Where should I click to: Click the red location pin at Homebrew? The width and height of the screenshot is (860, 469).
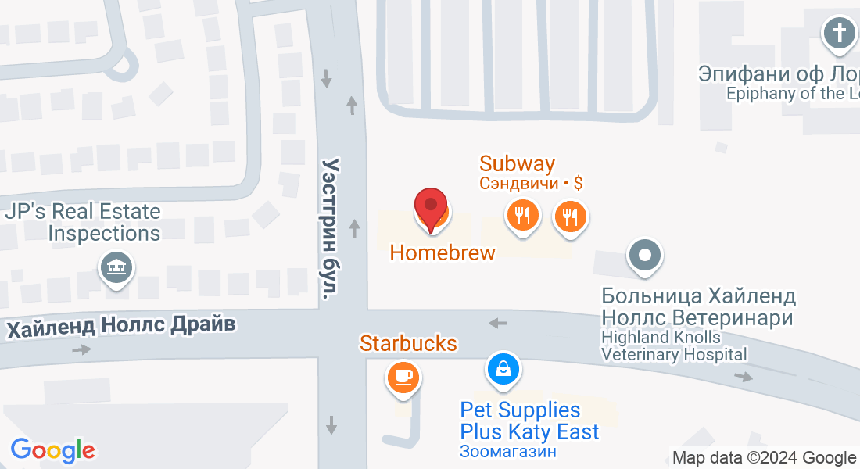[430, 207]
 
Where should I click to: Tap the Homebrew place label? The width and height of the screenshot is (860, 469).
[443, 252]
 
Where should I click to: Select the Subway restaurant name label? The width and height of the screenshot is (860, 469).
[517, 163]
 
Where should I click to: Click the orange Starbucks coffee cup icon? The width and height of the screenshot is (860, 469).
[403, 378]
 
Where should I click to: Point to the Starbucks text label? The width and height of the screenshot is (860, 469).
[408, 343]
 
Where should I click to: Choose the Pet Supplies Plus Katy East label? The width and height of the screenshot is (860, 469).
[529, 421]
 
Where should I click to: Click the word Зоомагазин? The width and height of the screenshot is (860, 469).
[507, 451]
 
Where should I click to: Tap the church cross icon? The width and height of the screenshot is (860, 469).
[839, 34]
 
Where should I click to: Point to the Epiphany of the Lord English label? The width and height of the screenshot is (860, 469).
[792, 94]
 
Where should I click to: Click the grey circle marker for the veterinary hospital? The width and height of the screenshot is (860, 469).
[645, 255]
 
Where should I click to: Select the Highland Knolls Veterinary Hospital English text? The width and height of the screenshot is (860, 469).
[673, 345]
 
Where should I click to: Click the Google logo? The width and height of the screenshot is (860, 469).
[52, 450]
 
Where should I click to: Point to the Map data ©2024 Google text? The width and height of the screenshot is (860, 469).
[764, 458]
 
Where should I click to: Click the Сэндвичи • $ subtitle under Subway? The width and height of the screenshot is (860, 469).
[531, 184]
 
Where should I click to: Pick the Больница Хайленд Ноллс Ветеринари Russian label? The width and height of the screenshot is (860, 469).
[698, 307]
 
